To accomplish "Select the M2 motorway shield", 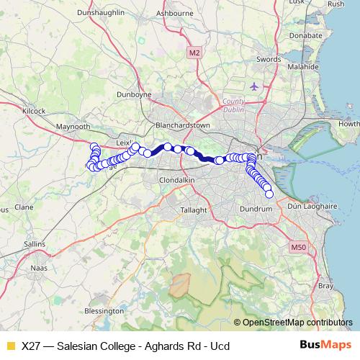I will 194,53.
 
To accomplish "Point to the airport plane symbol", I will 253,86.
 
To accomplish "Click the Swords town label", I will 268,59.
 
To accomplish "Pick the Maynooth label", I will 73,127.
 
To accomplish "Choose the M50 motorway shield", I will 299,248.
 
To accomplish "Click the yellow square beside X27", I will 10,346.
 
